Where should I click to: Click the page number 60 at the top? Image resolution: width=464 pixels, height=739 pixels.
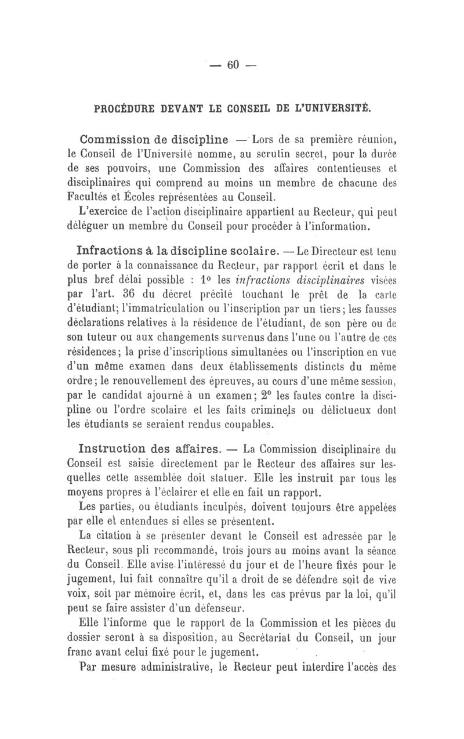tap(234, 66)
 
